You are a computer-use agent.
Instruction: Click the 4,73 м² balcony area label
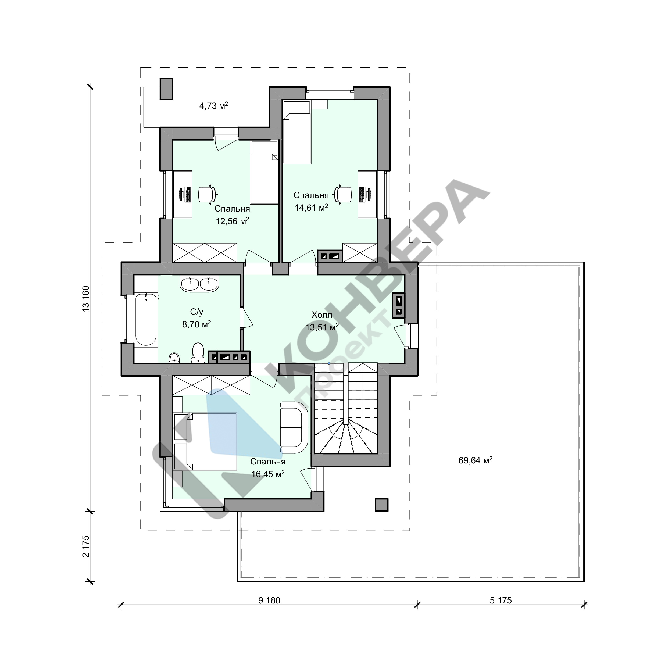coord(214,105)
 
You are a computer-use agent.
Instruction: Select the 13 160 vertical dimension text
coord(86,298)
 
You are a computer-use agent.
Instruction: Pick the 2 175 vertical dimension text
coord(86,546)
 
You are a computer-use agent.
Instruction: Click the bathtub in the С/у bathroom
coord(146,319)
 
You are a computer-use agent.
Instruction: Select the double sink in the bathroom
coord(199,284)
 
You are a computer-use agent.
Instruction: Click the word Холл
coord(322,315)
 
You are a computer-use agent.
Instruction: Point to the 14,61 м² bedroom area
coord(311,208)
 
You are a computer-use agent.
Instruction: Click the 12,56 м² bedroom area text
coord(232,221)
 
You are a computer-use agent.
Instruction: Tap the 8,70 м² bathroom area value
coord(196,324)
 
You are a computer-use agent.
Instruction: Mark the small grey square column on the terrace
coord(382,505)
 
